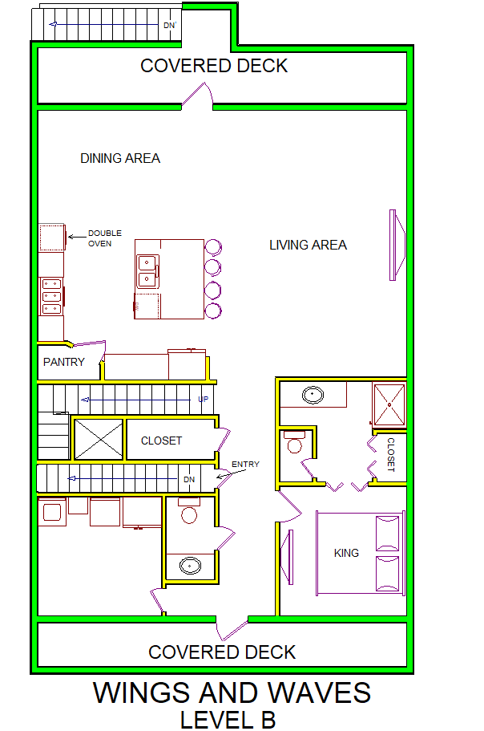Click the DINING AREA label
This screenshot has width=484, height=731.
coord(120,159)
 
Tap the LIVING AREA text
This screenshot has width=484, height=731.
coord(308,246)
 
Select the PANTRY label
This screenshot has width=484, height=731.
coord(64,362)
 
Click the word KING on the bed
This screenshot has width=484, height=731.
coord(346,553)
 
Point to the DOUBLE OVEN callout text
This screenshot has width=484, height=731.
coord(105,238)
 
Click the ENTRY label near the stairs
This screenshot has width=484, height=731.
coord(245,465)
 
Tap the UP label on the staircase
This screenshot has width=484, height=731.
coord(204,399)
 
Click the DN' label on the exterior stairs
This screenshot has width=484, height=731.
coord(170,25)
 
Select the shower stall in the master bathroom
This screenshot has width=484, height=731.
coord(389,404)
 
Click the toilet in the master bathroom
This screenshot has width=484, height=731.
coord(294,442)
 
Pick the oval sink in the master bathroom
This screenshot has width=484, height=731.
coord(313,396)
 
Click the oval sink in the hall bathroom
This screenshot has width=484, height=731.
coord(191,566)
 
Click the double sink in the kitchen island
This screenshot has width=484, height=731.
coord(147,271)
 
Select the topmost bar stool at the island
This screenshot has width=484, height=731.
coord(213,247)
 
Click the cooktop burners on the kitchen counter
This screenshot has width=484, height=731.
coord(51,296)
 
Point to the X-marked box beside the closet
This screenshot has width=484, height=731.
coord(99,439)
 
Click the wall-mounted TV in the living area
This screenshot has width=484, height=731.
coord(397,245)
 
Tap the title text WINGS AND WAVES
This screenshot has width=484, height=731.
coord(232,692)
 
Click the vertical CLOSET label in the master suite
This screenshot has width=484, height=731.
coord(391,454)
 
